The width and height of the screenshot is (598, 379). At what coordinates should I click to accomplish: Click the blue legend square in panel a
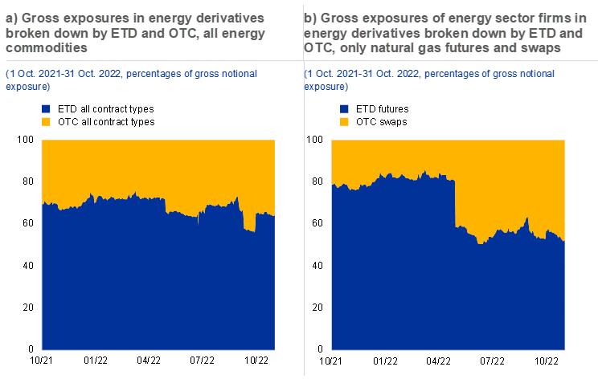(46, 108)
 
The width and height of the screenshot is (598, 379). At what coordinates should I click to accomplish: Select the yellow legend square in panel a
(46, 121)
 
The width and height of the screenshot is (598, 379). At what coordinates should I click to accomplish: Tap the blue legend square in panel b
(345, 108)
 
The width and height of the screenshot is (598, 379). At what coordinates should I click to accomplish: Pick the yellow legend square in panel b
(345, 121)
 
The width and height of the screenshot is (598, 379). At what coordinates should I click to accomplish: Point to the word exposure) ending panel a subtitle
(28, 85)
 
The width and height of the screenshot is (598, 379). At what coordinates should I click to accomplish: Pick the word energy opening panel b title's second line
(326, 33)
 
